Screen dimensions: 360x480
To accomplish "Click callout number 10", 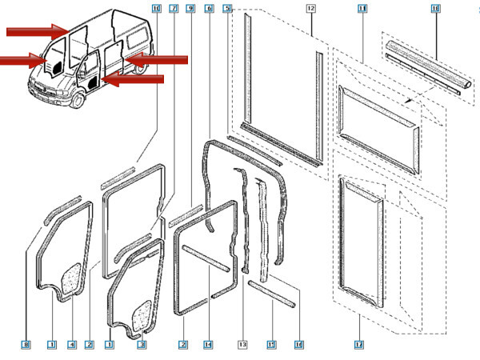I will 155,8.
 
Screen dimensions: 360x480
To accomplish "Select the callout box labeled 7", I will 174,8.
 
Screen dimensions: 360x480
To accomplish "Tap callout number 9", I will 190,8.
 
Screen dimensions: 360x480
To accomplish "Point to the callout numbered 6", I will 209,8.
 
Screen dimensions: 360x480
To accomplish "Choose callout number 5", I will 227,8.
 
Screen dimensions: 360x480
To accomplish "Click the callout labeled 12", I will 310,8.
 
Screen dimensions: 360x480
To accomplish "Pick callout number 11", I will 362,8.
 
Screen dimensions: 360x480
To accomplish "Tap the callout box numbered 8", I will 26,345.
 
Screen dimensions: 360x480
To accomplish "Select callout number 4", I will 71,345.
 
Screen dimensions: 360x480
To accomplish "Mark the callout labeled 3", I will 142,345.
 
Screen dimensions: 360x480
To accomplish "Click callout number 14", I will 208,345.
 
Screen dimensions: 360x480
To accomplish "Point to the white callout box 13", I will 243,345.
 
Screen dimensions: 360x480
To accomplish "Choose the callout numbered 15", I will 271,345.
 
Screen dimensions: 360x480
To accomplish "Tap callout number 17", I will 359,345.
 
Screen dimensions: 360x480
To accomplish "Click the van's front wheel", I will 78,102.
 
